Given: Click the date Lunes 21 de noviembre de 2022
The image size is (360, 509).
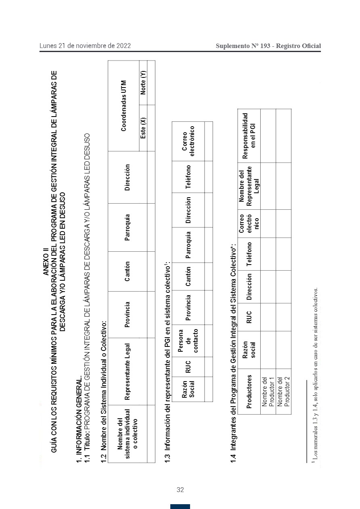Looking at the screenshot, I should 85,46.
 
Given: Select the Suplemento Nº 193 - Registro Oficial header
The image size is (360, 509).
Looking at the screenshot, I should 268,46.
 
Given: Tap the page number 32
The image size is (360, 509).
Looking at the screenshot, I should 180,490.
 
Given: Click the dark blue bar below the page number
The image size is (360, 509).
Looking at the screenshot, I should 180,506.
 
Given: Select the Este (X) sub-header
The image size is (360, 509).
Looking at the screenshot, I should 143,128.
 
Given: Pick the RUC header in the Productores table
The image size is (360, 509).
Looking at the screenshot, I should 249,317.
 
